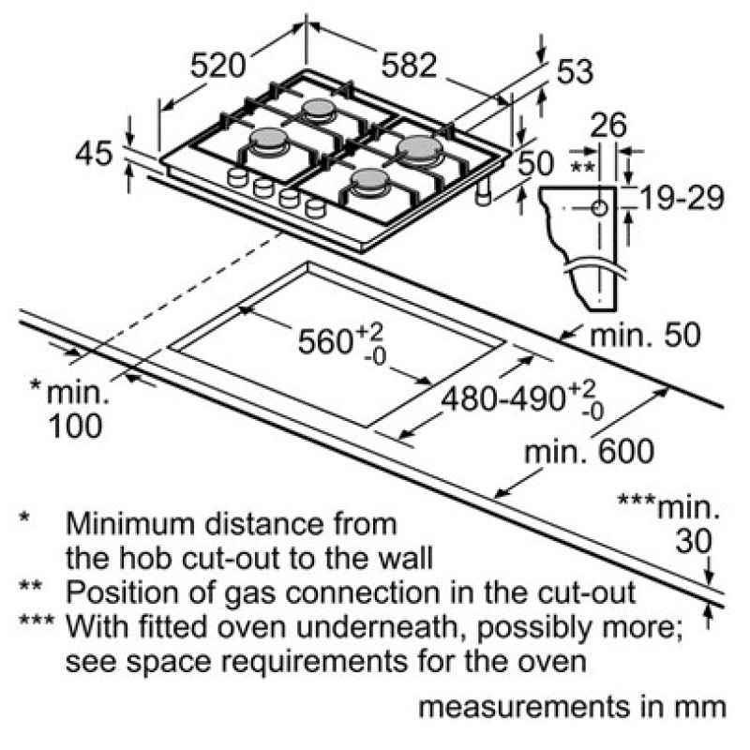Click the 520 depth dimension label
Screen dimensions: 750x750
point(217,66)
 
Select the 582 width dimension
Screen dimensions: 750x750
point(409,65)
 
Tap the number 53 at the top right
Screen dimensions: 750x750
point(575,72)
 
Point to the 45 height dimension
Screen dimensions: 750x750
point(94,153)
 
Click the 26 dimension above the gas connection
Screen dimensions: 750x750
point(607,126)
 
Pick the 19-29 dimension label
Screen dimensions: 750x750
point(682,198)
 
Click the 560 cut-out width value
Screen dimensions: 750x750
point(325,341)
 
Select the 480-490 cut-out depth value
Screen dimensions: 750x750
point(503,398)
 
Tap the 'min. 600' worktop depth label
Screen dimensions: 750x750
point(589,451)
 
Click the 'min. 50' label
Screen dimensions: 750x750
point(645,335)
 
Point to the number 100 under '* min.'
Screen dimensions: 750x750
point(76,426)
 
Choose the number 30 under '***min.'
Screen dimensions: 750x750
point(693,542)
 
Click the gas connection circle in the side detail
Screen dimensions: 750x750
point(599,208)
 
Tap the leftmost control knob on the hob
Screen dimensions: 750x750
point(236,177)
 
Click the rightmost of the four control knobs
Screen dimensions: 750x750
point(315,207)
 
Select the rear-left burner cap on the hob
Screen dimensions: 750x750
point(318,108)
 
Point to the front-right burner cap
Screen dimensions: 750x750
point(369,179)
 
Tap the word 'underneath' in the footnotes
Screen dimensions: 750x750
point(382,626)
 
